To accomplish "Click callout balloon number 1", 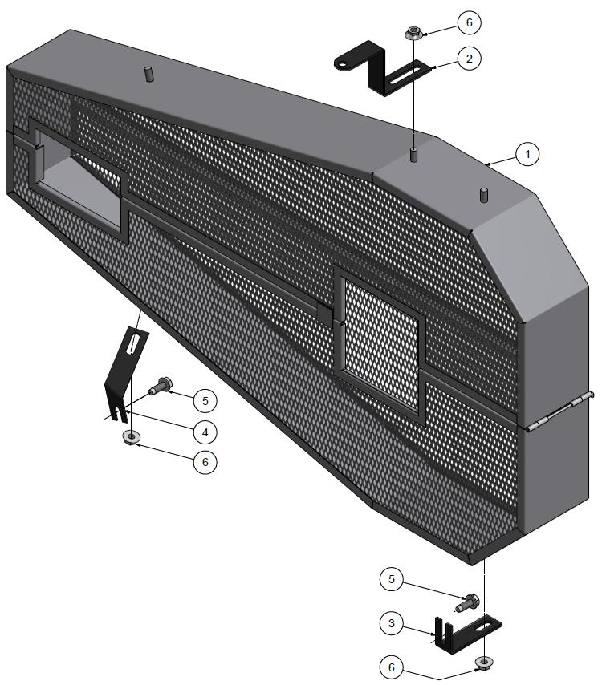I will [527, 153].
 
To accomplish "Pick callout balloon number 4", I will [205, 432].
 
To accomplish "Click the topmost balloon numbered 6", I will [468, 22].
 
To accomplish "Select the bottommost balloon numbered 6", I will [393, 667].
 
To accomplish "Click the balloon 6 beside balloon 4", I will [205, 462].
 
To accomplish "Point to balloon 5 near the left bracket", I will [205, 399].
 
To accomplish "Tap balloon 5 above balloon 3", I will [393, 579].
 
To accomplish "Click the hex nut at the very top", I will [413, 34].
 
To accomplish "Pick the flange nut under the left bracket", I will [130, 436].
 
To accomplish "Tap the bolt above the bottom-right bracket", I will [468, 603].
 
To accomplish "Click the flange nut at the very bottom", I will [484, 663].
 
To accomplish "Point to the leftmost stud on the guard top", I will [148, 74].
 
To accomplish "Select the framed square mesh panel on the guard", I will [381, 343].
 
